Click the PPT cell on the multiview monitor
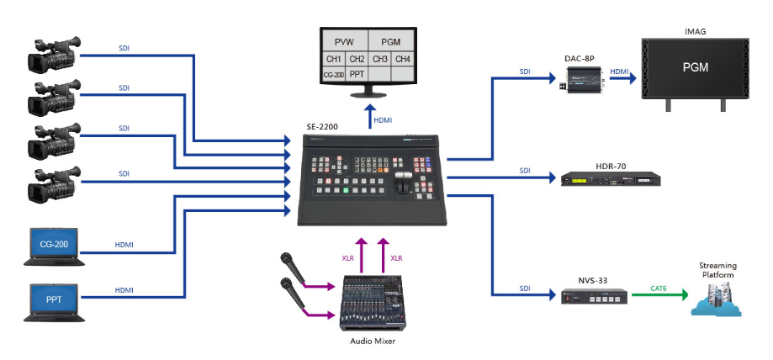[357, 75]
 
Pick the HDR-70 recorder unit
[605, 178]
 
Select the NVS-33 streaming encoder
[595, 295]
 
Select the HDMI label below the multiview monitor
[383, 120]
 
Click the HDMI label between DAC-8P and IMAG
[619, 71]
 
